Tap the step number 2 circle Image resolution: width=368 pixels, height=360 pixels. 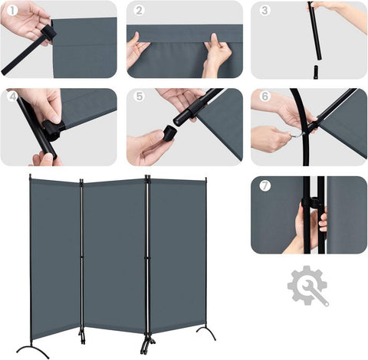(139, 11)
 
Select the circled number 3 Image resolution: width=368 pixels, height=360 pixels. (264, 11)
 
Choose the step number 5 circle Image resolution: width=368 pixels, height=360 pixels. (139, 97)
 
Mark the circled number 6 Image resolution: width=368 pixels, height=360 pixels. (264, 97)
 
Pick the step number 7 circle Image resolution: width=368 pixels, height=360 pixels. (264, 186)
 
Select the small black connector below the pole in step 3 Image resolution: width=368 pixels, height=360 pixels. (314, 71)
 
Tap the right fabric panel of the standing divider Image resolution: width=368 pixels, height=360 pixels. (177, 253)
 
